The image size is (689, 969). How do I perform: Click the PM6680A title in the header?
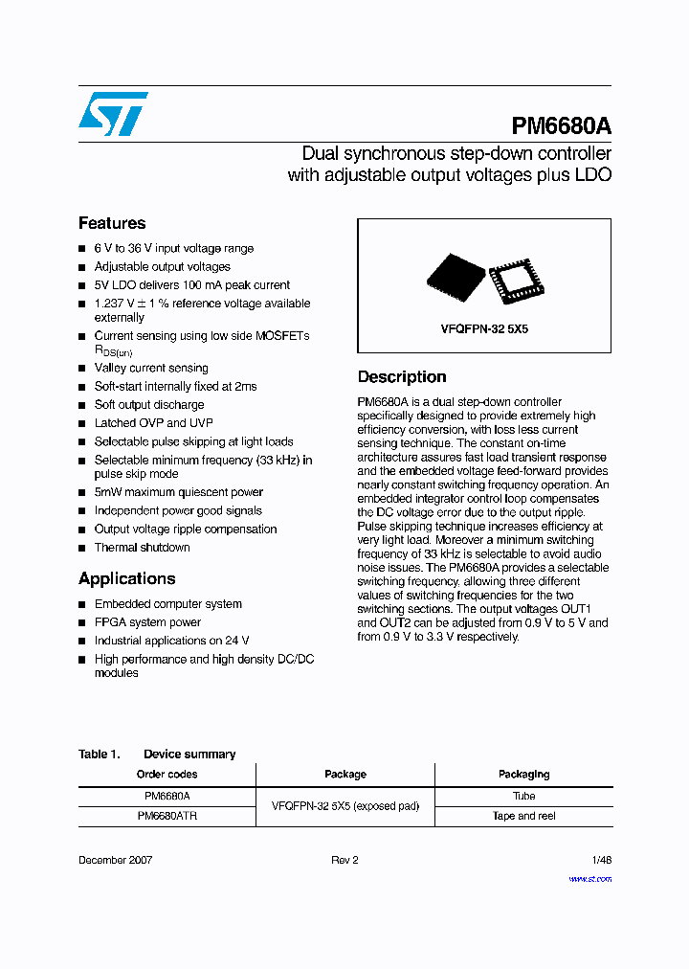[561, 126]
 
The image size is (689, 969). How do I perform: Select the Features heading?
[112, 223]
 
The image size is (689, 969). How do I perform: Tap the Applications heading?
[126, 578]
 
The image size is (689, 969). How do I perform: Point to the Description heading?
[402, 376]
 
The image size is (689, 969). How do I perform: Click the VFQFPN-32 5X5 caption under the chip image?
[484, 328]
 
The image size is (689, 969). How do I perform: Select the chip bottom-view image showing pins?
[516, 280]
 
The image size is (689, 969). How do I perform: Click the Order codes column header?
[167, 774]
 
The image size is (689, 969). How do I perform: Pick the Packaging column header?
[523, 774]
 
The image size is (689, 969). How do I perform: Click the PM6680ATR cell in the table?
[167, 816]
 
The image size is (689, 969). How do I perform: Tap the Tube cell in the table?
[523, 796]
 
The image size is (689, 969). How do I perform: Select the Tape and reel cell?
[523, 816]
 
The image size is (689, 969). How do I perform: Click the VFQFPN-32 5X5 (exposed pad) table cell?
[345, 806]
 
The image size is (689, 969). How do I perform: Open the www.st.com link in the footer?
[589, 878]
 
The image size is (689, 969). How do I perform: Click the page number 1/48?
[600, 860]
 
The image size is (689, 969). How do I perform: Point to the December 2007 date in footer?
[115, 860]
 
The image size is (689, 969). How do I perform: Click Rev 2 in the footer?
[344, 860]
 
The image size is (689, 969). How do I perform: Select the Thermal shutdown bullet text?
[142, 548]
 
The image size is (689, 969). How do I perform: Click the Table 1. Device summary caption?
[157, 754]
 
